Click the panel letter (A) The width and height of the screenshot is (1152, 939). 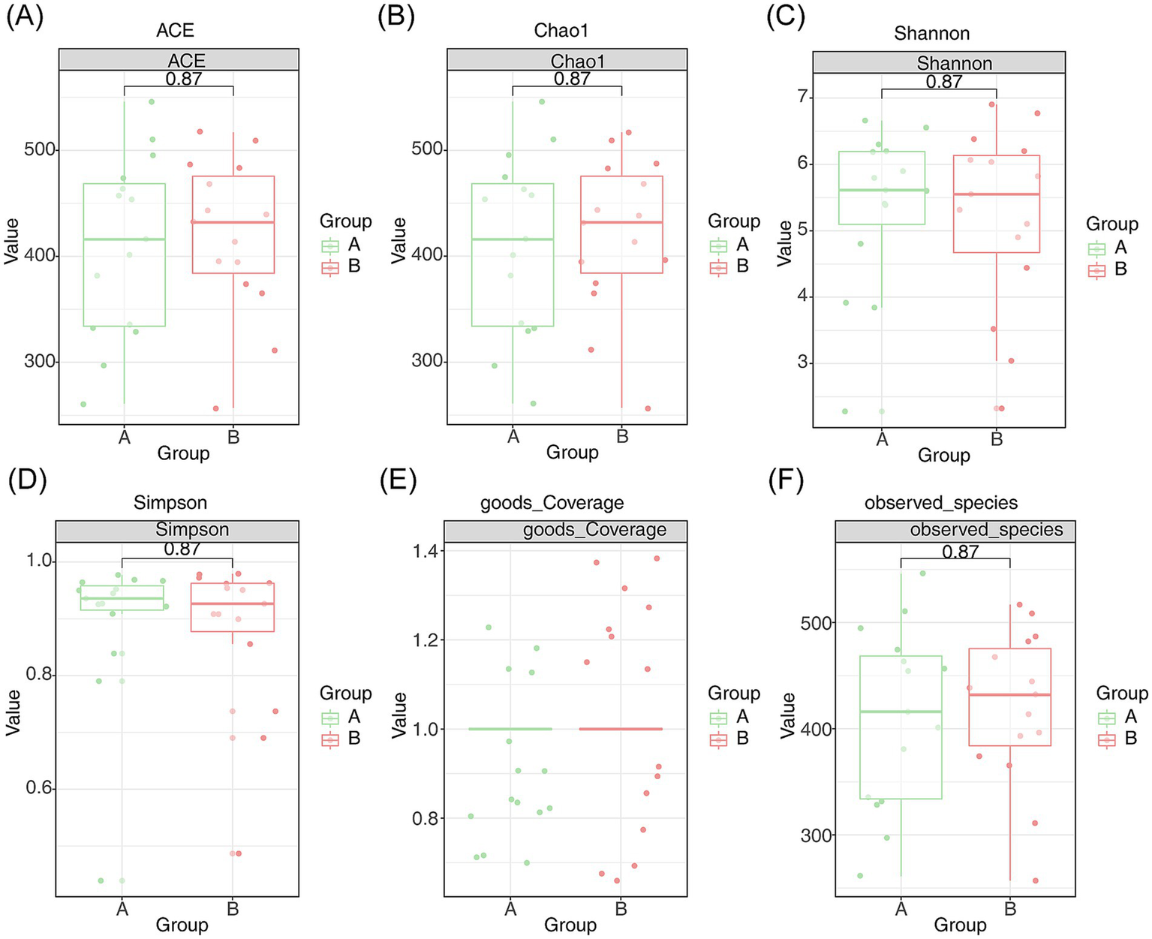pos(24,17)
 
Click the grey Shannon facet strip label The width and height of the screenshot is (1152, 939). pos(954,63)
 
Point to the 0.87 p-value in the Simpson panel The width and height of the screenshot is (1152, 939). pos(182,549)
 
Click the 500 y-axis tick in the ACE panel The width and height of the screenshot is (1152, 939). pos(39,149)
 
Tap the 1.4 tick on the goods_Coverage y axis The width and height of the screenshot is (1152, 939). pos(426,552)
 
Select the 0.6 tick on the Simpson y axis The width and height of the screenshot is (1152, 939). pos(39,788)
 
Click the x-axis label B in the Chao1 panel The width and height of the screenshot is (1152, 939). pos(621,436)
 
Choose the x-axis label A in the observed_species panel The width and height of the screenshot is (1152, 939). pos(901,909)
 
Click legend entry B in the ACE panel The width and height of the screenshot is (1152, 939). pos(353,266)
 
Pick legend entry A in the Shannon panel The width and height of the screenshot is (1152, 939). pos(1120,248)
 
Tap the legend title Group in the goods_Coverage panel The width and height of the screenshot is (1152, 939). pos(733,693)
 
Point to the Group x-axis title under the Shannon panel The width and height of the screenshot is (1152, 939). pos(943,456)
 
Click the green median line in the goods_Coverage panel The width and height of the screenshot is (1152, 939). pos(510,729)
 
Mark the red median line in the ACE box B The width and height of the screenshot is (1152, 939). pos(233,222)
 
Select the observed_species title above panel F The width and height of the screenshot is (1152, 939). pos(940,503)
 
